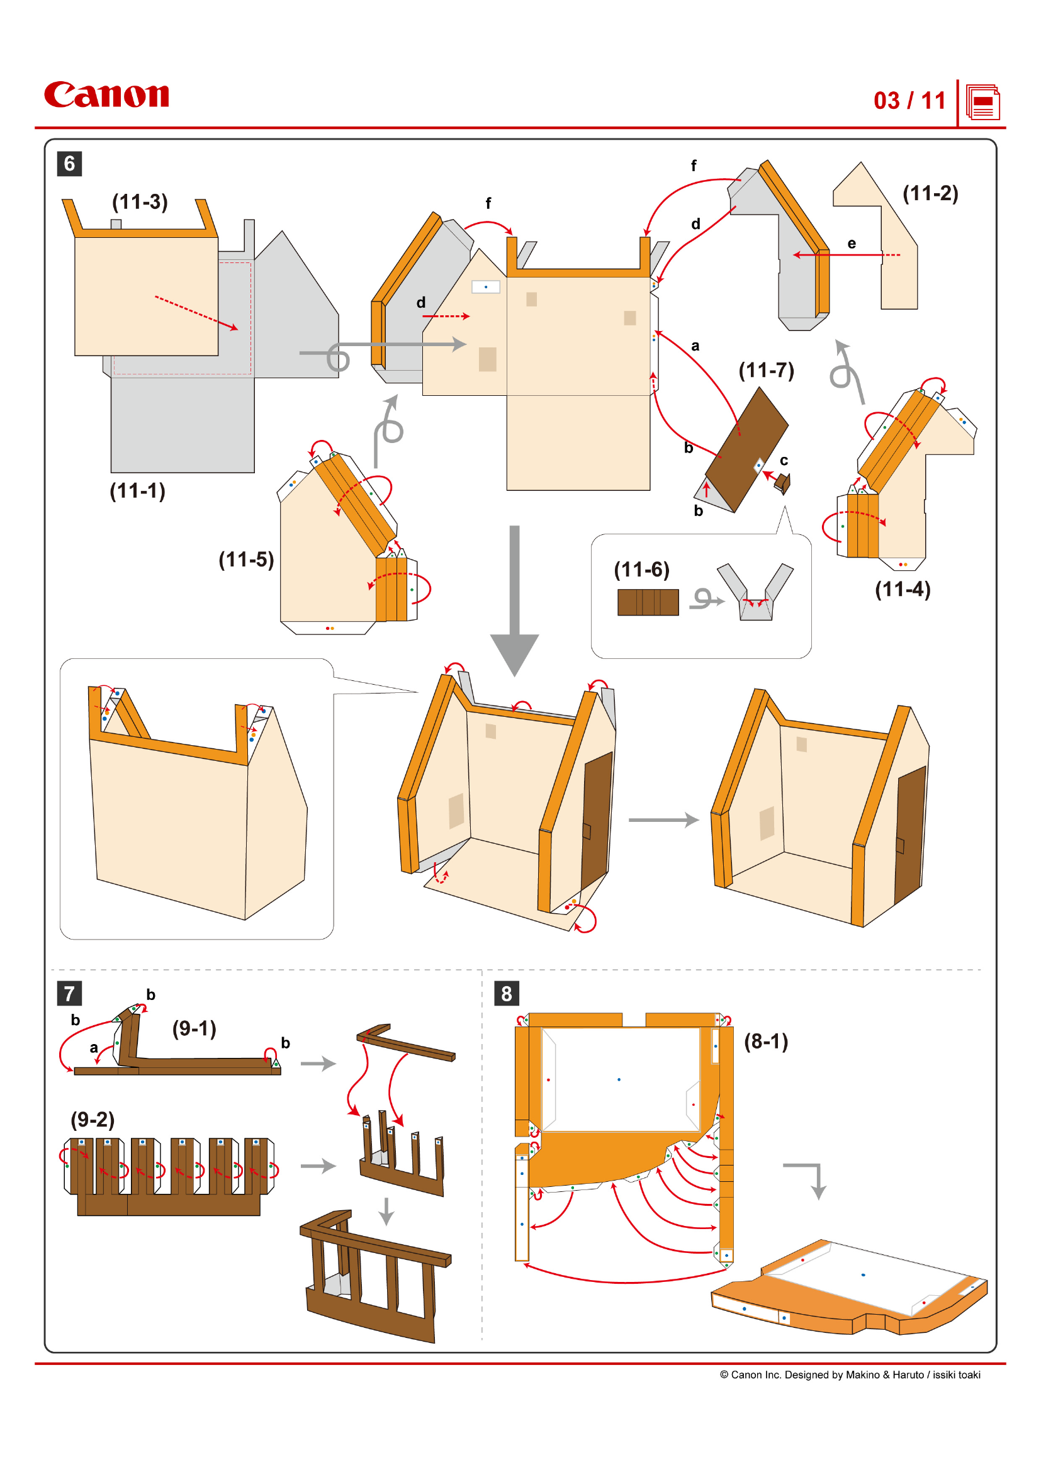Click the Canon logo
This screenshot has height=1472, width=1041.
coord(106,95)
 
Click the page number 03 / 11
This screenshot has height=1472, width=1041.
coord(909,101)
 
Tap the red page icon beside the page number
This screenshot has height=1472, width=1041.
coord(982,102)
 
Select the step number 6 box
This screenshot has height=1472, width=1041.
coord(69,164)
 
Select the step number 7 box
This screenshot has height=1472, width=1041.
coord(69,993)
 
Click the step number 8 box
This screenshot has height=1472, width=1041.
coord(507,993)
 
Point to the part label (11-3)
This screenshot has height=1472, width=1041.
coord(140,202)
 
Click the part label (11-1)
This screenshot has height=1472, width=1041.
coord(137,491)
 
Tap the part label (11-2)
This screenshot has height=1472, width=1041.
coord(930,193)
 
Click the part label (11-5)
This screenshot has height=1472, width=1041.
coord(246,559)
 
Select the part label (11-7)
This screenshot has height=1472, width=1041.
coord(766,370)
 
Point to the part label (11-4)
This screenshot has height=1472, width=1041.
coord(903,589)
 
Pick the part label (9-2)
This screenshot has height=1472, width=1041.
coord(93,1120)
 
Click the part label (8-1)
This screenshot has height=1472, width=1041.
coord(766,1041)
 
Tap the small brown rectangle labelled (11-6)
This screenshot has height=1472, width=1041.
coord(648,602)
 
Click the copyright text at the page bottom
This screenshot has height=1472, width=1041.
coord(849,1374)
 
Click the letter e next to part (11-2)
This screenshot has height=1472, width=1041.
coord(852,244)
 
